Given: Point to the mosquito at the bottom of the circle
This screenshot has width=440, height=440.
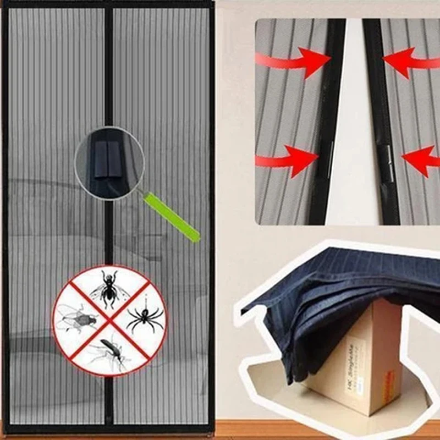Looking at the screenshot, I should point(110,352).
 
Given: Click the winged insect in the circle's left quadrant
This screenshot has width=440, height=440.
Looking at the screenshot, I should point(77,319).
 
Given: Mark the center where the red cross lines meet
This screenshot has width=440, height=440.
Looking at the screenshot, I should point(109,321).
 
